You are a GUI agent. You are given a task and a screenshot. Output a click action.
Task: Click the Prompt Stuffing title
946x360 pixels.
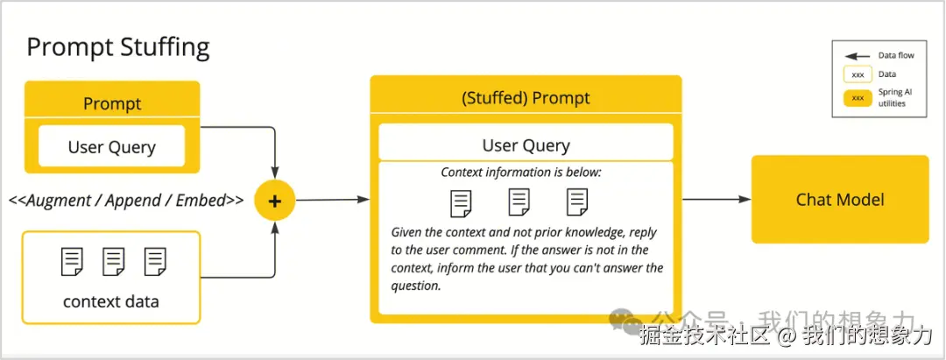(x=118, y=47)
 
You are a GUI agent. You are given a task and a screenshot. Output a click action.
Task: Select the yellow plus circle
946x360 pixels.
(x=275, y=201)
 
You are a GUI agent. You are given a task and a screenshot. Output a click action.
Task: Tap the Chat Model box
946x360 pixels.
(x=840, y=200)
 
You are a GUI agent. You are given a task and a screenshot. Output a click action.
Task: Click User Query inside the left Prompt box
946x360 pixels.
(x=111, y=147)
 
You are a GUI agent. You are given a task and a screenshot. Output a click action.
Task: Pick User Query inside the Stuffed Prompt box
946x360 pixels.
(x=526, y=145)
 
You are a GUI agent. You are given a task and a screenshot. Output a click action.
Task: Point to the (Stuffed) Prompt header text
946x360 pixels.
(x=526, y=98)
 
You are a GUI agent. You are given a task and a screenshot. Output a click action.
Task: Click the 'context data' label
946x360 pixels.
(x=111, y=300)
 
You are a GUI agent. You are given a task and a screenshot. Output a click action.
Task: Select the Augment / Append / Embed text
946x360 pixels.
(x=126, y=201)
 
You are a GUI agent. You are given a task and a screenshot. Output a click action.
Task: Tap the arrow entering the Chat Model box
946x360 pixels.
(x=717, y=199)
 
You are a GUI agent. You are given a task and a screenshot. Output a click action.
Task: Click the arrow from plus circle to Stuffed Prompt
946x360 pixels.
(x=333, y=200)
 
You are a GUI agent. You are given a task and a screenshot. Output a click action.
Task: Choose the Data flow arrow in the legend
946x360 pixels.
(x=858, y=55)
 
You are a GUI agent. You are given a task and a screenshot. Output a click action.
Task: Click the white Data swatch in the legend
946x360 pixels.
(x=858, y=74)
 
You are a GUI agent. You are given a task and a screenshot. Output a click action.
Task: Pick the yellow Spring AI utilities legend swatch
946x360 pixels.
(x=858, y=98)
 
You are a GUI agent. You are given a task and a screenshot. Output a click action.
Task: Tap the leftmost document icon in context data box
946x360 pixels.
(x=72, y=262)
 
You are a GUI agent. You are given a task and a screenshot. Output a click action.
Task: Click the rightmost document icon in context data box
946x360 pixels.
(x=155, y=262)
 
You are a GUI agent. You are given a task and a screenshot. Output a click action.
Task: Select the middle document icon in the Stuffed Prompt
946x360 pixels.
(x=519, y=202)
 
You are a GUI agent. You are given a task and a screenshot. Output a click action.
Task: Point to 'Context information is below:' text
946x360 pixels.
(x=521, y=173)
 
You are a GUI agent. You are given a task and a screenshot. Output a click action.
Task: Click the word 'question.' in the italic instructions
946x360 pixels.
(x=416, y=286)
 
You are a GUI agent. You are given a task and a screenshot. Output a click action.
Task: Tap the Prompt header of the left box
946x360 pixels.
(x=111, y=103)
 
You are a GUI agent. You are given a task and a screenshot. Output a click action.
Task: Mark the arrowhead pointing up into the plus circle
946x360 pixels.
(x=275, y=225)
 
